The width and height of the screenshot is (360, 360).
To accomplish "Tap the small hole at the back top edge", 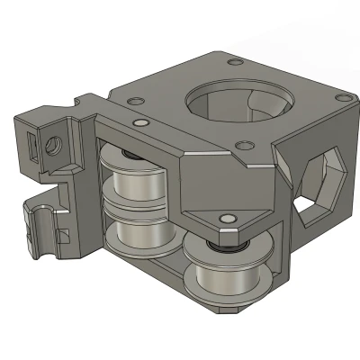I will pos(236,62).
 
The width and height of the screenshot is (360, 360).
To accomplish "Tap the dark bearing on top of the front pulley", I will pos(217,244).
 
